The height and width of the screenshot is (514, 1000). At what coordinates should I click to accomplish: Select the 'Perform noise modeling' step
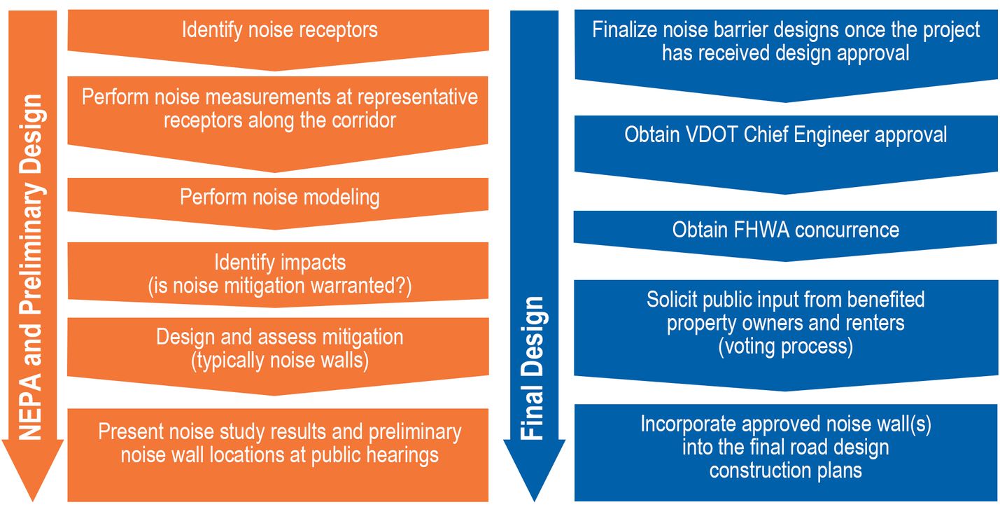(x=279, y=197)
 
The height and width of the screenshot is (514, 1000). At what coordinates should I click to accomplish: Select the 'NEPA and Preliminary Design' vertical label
(x=32, y=266)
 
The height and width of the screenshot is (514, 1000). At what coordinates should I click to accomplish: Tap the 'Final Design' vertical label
(x=533, y=368)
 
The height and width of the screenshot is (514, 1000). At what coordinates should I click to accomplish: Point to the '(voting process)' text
(x=785, y=347)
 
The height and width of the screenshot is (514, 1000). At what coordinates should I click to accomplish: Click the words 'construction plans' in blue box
(x=785, y=471)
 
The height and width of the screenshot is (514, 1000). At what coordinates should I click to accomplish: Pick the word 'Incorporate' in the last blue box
(x=689, y=424)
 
